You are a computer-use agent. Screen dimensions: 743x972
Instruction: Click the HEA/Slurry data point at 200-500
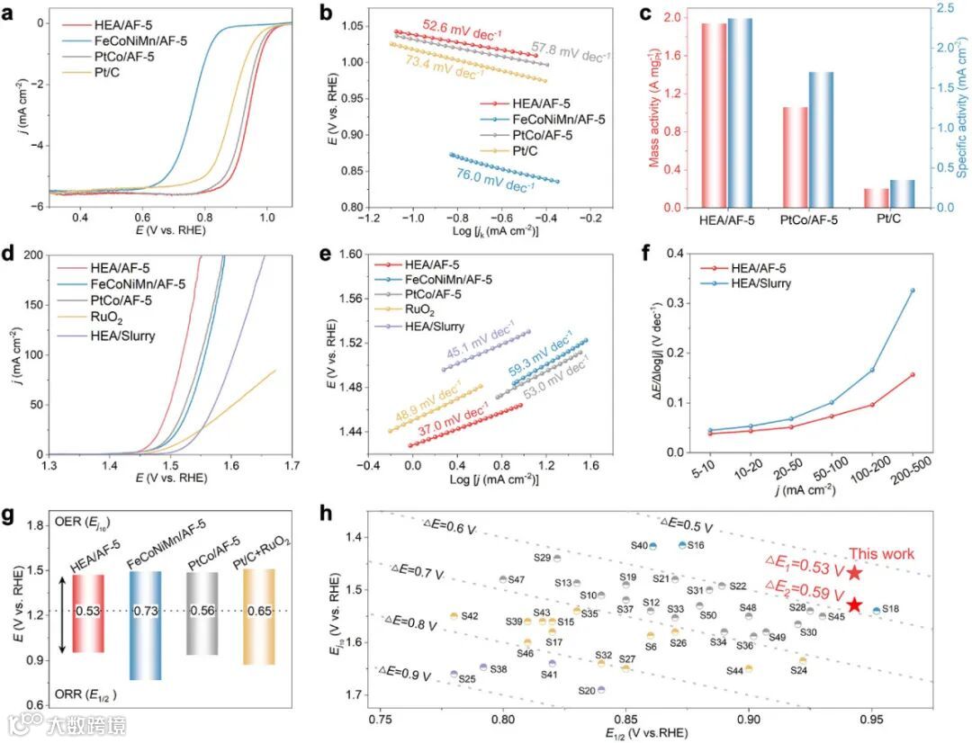913,291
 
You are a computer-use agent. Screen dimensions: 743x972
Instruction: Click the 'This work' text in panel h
884,554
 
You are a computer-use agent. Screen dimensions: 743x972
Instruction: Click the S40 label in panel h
639,545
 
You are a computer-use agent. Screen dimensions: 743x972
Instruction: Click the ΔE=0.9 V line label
404,670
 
